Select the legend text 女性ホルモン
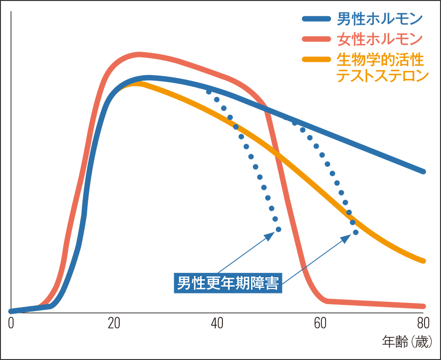click(380, 39)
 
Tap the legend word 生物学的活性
click(380, 60)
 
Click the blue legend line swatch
click(318, 19)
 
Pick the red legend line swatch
click(318, 39)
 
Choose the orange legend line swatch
click(318, 60)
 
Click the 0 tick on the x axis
click(11, 323)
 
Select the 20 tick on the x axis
click(114, 323)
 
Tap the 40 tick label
click(216, 323)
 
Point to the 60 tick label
click(319, 323)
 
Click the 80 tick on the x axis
click(422, 323)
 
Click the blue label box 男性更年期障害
click(228, 283)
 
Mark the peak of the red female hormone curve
click(139, 55)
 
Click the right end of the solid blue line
click(423, 171)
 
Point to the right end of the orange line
click(423, 261)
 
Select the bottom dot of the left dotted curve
click(279, 229)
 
